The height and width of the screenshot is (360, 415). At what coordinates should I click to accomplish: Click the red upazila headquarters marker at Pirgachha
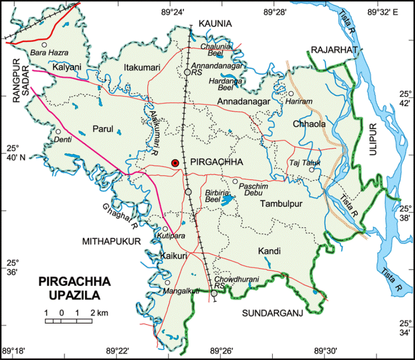(x=175, y=163)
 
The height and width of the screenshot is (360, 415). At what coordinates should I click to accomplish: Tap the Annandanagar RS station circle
(x=187, y=72)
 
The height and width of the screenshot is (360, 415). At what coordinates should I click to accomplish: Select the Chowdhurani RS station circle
(x=214, y=293)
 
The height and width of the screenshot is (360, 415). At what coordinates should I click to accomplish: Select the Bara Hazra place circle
(x=45, y=45)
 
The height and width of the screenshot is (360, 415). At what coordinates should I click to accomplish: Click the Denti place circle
(x=58, y=131)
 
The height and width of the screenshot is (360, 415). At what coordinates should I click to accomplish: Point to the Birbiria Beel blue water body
(x=226, y=199)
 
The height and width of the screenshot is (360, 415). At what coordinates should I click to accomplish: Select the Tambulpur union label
(x=281, y=204)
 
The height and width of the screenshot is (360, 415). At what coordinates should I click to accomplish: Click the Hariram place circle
(x=291, y=94)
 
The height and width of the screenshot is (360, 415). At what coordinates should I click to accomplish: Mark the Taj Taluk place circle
(x=311, y=170)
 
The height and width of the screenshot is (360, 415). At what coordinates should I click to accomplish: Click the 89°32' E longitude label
(x=382, y=12)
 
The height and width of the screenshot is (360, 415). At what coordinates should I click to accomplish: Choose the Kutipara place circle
(x=165, y=229)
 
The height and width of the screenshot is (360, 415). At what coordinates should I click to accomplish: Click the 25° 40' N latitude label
(x=12, y=152)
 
